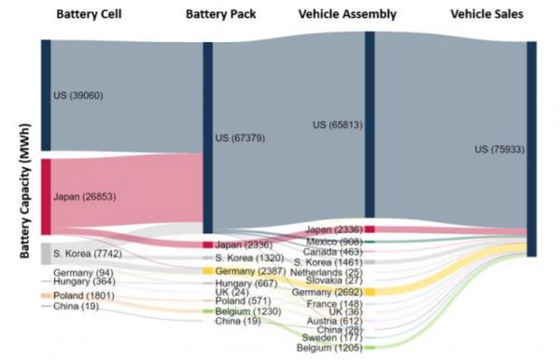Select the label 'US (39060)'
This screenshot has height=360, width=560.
click(x=78, y=95)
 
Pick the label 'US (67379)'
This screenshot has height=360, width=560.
click(x=241, y=138)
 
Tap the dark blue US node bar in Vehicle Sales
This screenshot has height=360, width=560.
click(x=531, y=149)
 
